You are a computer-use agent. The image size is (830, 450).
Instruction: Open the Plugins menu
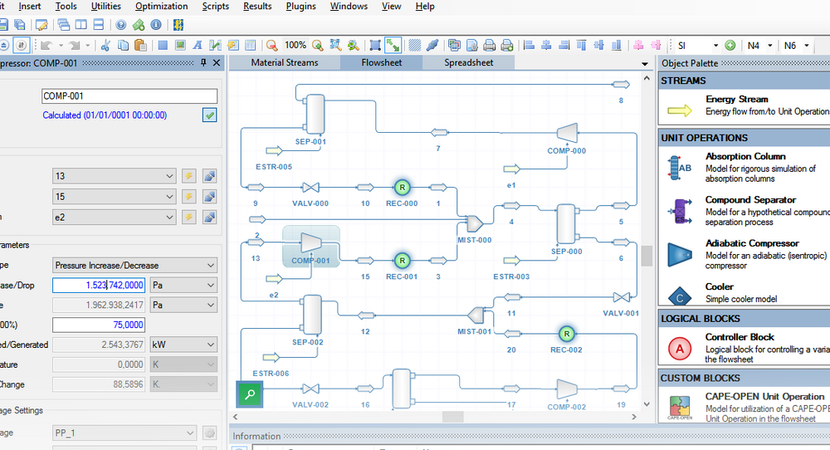click(x=300, y=7)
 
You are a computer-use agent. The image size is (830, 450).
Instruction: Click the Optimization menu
click(x=161, y=7)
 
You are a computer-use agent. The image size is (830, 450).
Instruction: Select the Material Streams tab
click(x=284, y=62)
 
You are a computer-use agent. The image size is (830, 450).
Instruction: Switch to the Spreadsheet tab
click(x=468, y=62)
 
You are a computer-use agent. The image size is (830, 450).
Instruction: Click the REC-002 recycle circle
click(x=566, y=334)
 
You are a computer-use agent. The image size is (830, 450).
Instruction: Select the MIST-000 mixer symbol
click(x=474, y=223)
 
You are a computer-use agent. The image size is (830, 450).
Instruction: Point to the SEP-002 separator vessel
click(x=311, y=314)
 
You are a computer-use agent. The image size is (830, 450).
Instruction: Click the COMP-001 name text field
click(x=129, y=96)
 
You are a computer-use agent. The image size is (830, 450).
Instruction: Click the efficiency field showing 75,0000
click(x=98, y=325)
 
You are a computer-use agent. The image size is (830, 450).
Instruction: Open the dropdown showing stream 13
click(x=114, y=176)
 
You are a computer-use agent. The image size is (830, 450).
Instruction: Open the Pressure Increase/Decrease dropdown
click(x=134, y=266)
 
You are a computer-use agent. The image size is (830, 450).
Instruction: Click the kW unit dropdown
click(x=183, y=345)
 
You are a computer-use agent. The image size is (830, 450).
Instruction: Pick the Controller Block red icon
click(x=680, y=348)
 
